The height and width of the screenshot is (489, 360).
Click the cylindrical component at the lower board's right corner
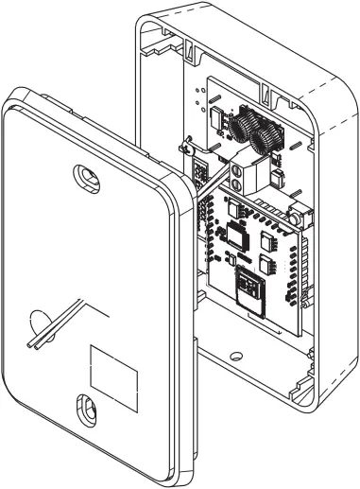(296, 218)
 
